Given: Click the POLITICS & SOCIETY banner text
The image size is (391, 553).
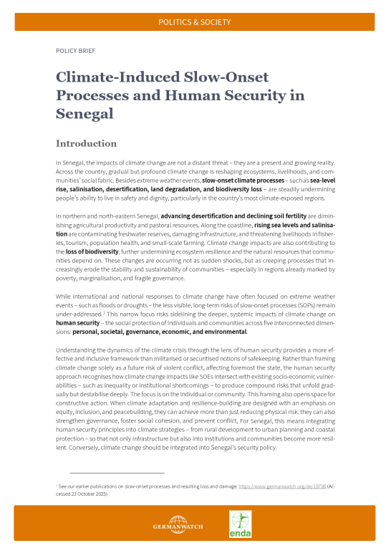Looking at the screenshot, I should [195, 22].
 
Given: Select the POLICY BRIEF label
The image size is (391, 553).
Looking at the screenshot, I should [74, 52].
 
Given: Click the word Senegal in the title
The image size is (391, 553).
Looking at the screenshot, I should [84, 114].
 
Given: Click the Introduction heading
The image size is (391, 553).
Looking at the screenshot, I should [86, 143].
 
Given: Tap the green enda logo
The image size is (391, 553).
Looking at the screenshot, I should [239, 524].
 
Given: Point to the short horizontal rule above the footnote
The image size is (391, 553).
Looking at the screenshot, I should [117, 473].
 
